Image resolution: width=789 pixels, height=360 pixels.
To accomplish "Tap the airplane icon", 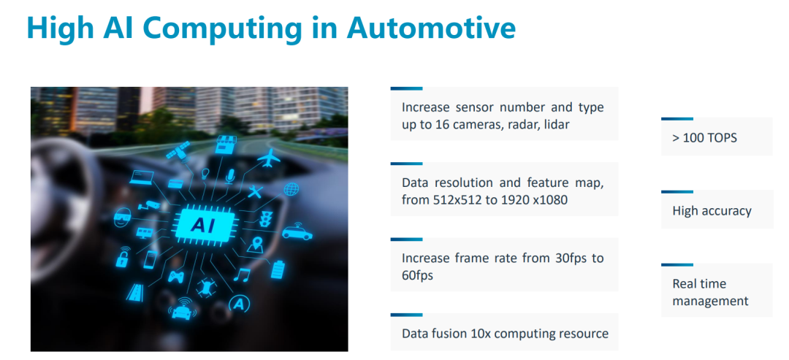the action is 268,158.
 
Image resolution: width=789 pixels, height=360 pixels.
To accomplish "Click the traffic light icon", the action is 265,218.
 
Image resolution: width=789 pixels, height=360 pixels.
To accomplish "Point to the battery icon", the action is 278,269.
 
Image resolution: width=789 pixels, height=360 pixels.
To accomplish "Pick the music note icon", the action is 242,275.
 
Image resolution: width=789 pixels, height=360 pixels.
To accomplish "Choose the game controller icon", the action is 176,276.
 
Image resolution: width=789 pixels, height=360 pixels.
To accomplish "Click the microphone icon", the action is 230,176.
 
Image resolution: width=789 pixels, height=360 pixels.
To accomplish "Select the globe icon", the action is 291,189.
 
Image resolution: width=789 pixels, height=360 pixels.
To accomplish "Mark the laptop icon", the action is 142,177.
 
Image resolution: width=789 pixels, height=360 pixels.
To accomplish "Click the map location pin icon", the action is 256,245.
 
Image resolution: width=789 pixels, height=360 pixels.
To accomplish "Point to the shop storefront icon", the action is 224,145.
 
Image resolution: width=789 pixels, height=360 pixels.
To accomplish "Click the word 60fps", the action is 418,275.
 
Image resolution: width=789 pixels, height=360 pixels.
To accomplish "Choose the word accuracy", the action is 728,211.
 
